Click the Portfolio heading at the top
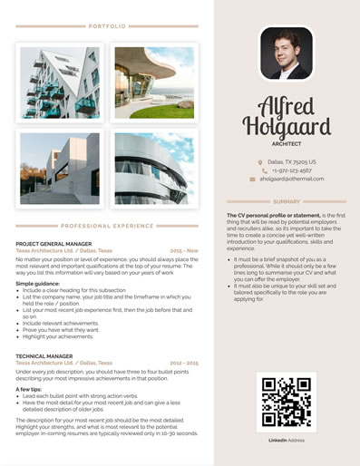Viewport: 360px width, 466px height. click(x=107, y=26)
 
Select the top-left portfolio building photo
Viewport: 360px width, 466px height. click(x=60, y=83)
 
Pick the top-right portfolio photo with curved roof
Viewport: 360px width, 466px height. click(x=153, y=83)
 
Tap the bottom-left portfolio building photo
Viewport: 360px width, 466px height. click(x=60, y=169)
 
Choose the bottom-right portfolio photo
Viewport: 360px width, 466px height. click(x=153, y=169)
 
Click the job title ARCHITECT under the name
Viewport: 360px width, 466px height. click(x=286, y=144)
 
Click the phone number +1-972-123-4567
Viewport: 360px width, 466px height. click(x=292, y=170)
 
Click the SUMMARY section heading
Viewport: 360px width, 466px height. click(x=286, y=201)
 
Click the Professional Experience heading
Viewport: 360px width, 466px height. click(x=107, y=225)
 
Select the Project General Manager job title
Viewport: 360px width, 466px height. click(x=54, y=244)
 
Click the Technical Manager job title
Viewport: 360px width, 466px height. click(x=44, y=356)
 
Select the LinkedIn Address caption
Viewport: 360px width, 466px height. click(x=286, y=439)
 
